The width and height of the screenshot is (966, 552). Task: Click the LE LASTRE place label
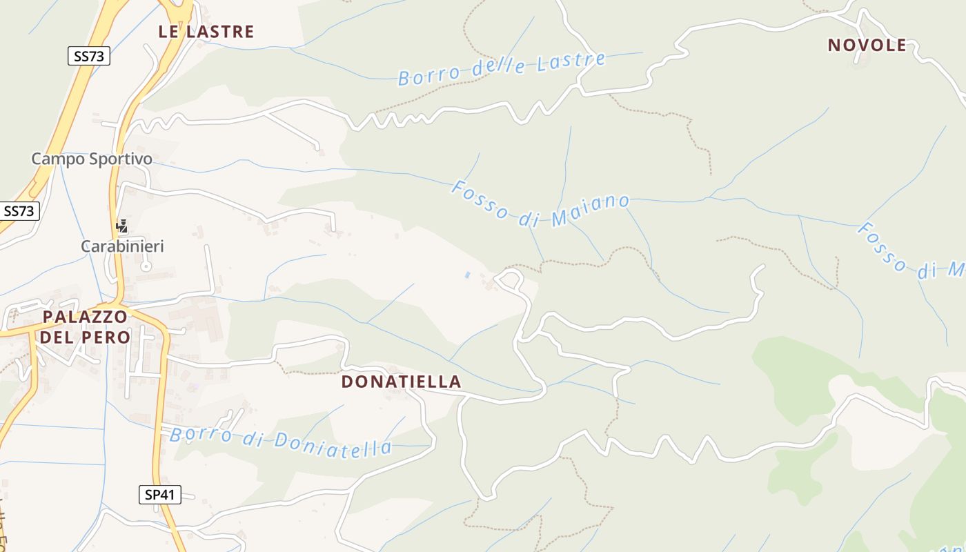pyautogui.click(x=206, y=32)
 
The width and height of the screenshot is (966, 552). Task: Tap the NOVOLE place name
pyautogui.click(x=867, y=46)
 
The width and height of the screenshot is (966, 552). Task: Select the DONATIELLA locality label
pyautogui.click(x=401, y=382)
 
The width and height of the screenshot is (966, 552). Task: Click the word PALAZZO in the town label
pyautogui.click(x=85, y=317)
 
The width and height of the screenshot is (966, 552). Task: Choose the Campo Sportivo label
pyautogui.click(x=92, y=159)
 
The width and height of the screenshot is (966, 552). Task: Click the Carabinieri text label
pyautogui.click(x=123, y=246)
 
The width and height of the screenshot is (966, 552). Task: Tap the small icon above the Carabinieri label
pyautogui.click(x=122, y=226)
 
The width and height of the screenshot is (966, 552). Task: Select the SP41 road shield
pyautogui.click(x=159, y=494)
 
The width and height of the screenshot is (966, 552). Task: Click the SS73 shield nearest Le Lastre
pyautogui.click(x=90, y=56)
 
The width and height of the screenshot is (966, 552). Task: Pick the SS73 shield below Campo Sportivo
pyautogui.click(x=19, y=211)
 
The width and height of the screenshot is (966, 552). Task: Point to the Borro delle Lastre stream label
pyautogui.click(x=502, y=68)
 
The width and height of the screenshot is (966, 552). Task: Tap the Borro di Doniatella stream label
pyautogui.click(x=281, y=442)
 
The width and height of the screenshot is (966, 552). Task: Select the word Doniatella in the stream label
pyautogui.click(x=334, y=446)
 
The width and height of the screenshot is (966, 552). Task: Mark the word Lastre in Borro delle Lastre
pyautogui.click(x=574, y=61)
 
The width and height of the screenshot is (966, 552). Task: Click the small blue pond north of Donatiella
pyautogui.click(x=467, y=275)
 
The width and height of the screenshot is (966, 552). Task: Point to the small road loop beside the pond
pyautogui.click(x=509, y=279)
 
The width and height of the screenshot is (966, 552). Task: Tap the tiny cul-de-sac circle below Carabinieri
pyautogui.click(x=146, y=266)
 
